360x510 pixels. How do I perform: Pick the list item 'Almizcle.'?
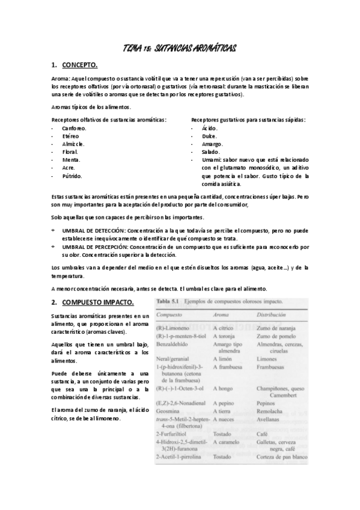click(73, 144)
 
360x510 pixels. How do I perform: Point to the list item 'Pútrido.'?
click(72, 176)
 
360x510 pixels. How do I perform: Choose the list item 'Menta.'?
click(72, 160)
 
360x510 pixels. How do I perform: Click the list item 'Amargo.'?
click(213, 144)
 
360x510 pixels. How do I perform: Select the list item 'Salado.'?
click(211, 152)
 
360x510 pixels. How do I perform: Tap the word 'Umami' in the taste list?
click(211, 161)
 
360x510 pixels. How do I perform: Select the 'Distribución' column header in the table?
click(275, 315)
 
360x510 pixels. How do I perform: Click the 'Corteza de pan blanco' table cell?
click(282, 458)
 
